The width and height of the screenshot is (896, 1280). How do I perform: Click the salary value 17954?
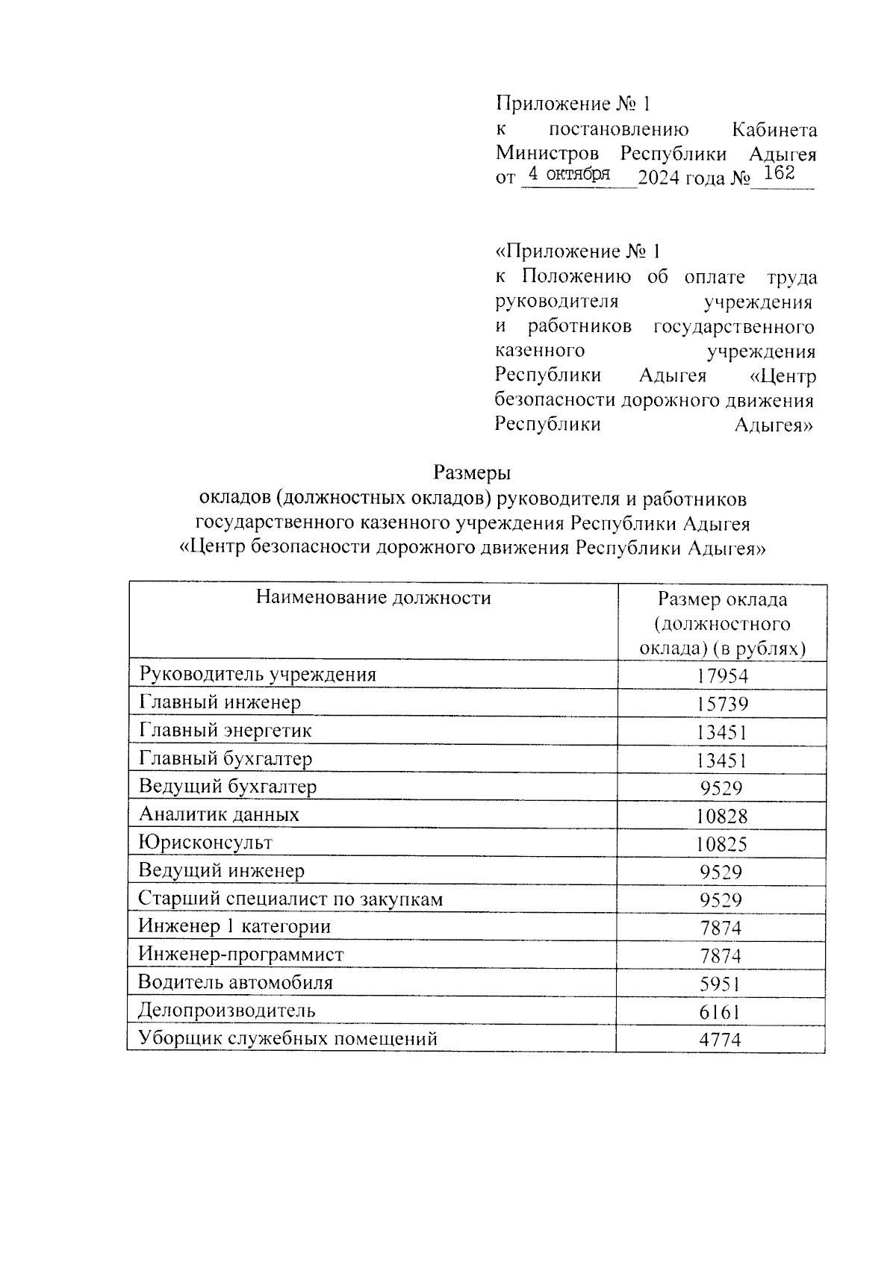(722, 676)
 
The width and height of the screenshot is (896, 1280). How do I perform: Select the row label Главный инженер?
(220, 702)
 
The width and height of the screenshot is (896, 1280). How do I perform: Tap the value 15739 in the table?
(722, 705)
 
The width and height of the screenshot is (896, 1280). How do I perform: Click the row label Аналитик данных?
(219, 814)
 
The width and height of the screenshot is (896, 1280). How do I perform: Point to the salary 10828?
(722, 817)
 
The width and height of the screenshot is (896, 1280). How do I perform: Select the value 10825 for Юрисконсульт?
(722, 845)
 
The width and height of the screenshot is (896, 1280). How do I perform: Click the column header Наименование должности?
(373, 597)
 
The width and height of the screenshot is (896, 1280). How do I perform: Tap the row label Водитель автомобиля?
(236, 982)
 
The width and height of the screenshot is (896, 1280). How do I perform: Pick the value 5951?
(722, 984)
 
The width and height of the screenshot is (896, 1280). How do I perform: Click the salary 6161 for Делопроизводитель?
(722, 1013)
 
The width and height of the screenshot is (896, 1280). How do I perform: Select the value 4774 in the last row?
(722, 1040)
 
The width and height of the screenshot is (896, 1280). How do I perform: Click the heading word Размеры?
(472, 472)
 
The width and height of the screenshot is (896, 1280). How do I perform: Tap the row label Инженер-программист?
(241, 955)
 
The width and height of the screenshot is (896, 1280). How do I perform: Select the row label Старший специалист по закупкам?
(290, 899)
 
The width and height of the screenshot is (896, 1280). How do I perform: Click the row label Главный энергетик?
(225, 731)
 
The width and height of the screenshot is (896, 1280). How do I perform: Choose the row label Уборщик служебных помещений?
(288, 1038)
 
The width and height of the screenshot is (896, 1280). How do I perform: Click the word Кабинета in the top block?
(774, 130)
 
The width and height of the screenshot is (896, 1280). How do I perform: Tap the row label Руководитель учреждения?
(258, 675)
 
